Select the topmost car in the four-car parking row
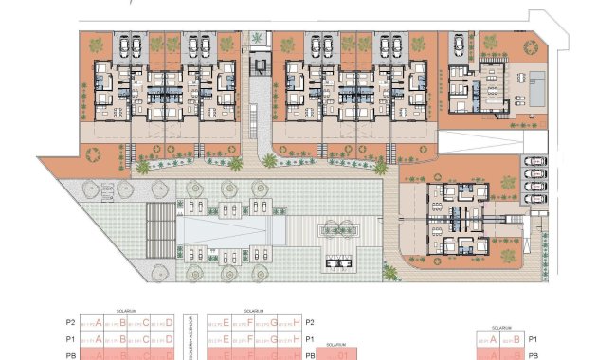point(536,161)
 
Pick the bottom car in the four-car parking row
point(536,199)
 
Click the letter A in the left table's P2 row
point(98,322)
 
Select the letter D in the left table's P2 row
point(170,322)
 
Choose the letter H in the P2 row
point(297,322)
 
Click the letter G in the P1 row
point(273,338)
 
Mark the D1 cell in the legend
point(344,355)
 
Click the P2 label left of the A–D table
point(70,322)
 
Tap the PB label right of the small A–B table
point(534,355)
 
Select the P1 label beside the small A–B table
point(534,338)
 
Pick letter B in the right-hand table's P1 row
point(516,338)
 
